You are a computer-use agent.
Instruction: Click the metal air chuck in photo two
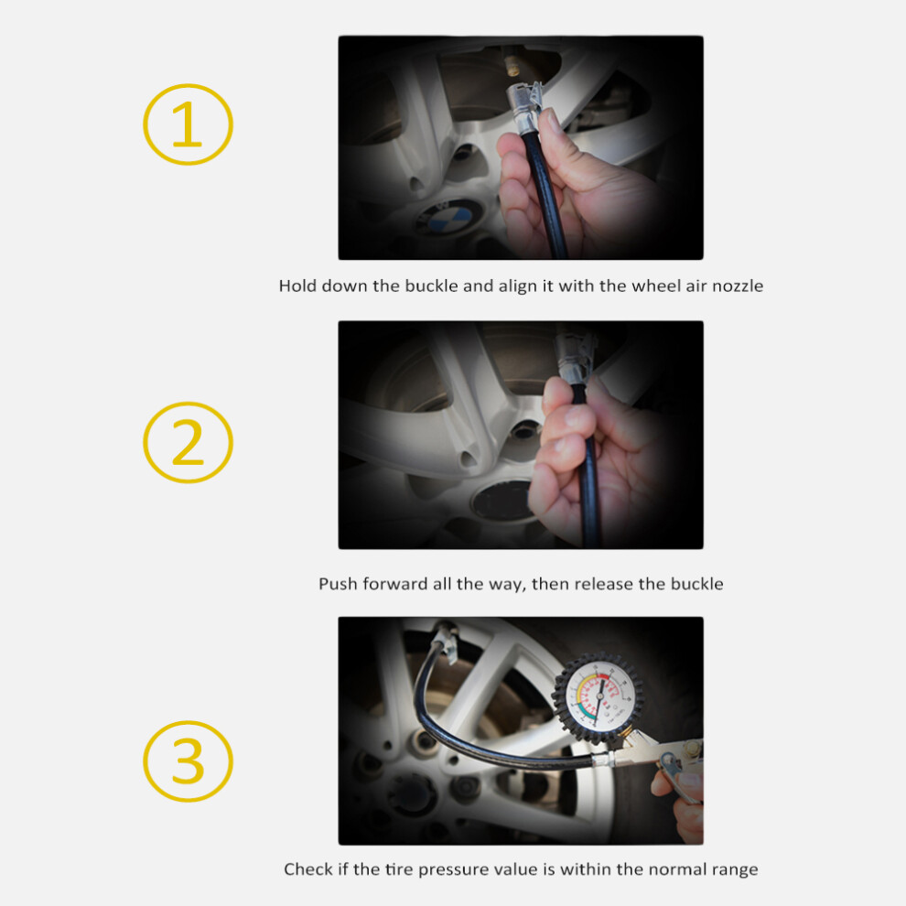click(575, 356)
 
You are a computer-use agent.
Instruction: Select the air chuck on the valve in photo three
click(446, 641)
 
